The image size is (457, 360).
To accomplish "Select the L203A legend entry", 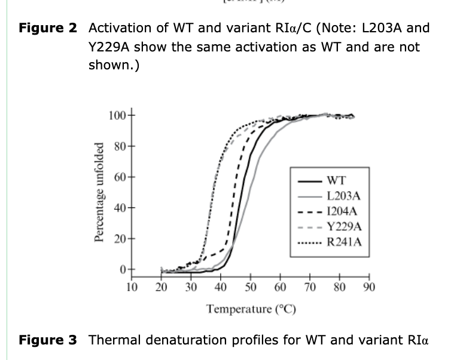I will tap(344, 196).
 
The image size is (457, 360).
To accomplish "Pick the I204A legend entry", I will tap(343, 211).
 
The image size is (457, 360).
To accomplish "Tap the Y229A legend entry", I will tap(344, 227).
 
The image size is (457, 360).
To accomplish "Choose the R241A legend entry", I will tap(344, 242).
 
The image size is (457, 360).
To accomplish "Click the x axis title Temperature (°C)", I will tap(251, 309).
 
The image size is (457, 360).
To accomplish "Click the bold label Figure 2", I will tap(48, 28).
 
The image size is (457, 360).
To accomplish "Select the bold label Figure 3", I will tap(48, 340).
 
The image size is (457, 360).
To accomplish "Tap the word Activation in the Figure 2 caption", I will tap(117, 28).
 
